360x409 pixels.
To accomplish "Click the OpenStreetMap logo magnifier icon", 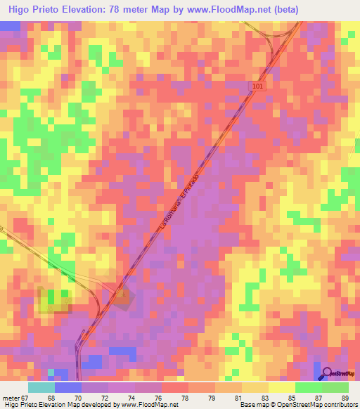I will [327, 373].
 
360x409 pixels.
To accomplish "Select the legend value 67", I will [25, 398].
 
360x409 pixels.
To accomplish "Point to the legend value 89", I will [345, 398].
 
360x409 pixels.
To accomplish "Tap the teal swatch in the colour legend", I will [41, 387].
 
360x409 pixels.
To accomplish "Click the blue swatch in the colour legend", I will [68, 387].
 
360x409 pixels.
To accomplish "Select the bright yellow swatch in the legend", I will [281, 387].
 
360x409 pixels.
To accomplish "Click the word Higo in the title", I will [21, 10].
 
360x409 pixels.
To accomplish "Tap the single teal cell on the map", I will [51, 373].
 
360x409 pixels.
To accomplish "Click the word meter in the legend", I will [10, 398].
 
